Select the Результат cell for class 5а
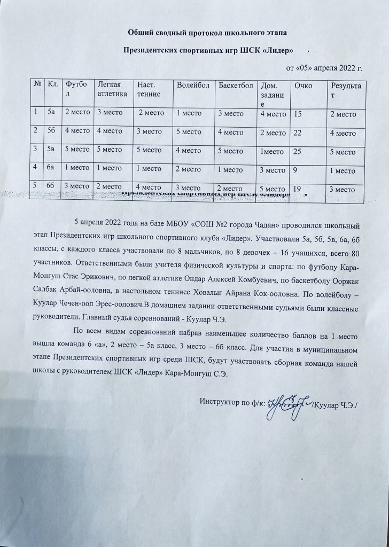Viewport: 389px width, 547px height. pos(344,113)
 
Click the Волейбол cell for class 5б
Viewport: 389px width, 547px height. pos(190,131)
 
